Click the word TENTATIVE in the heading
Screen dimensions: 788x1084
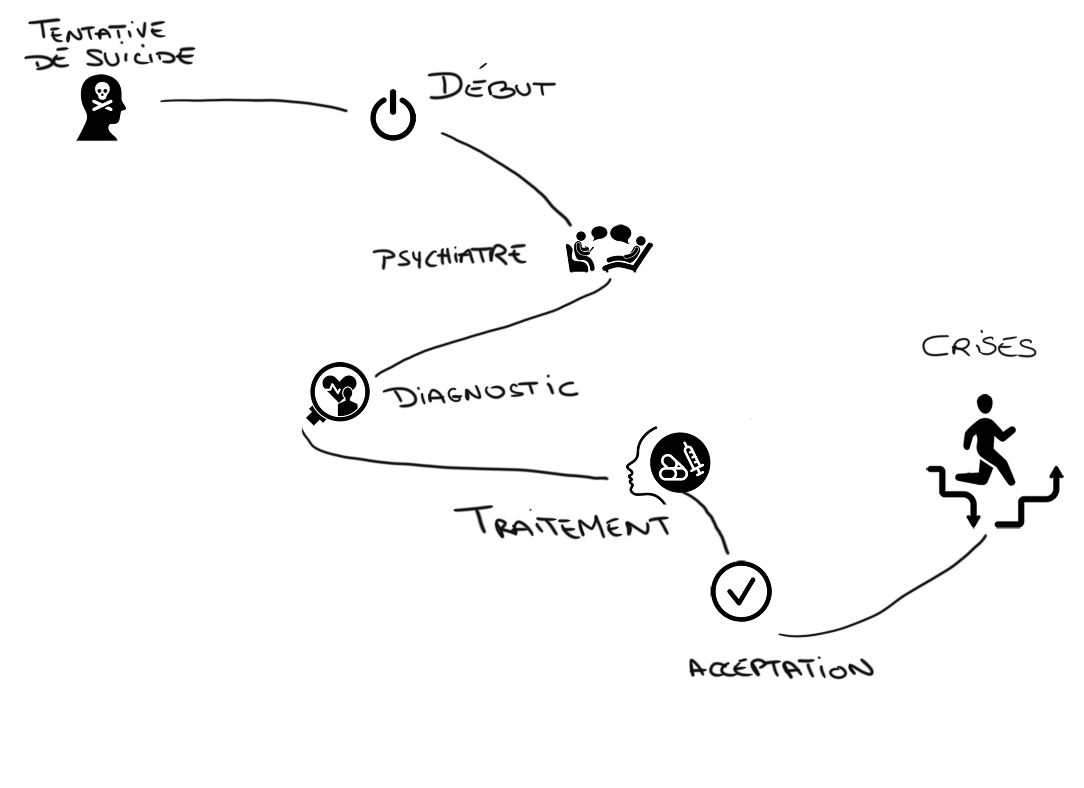(98, 32)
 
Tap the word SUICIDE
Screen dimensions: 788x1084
(141, 57)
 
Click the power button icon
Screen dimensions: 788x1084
(393, 118)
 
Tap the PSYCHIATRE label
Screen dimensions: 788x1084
(449, 257)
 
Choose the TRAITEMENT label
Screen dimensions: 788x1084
(562, 523)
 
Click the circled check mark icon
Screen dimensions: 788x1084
(741, 591)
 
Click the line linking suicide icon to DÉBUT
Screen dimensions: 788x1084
(253, 100)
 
